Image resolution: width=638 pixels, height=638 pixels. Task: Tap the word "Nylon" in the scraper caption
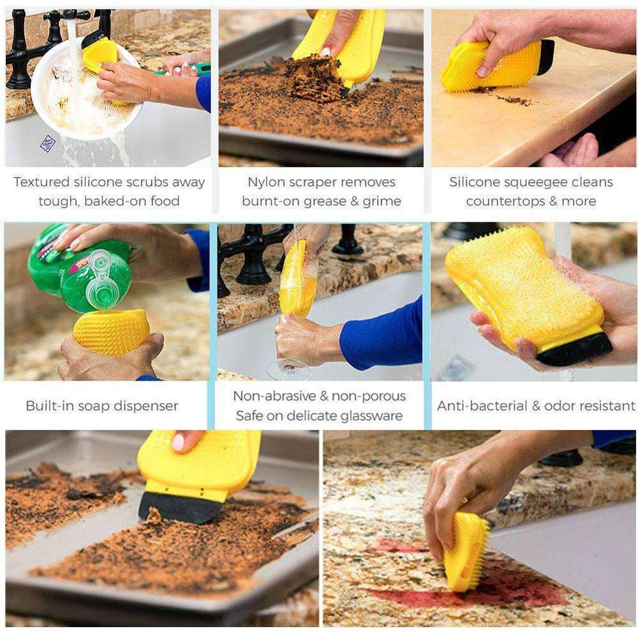click(266, 182)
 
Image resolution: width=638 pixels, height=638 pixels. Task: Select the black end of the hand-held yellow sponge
click(575, 348)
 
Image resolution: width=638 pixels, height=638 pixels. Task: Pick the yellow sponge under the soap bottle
click(112, 332)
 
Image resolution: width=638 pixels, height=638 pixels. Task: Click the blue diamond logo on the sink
click(48, 144)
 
